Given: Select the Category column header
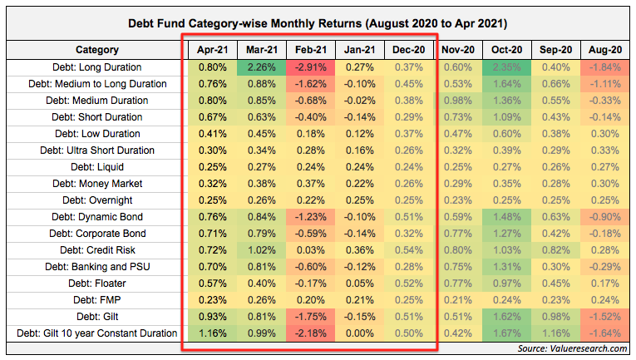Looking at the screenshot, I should [x=96, y=50].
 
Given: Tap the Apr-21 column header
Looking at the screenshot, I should [x=213, y=50].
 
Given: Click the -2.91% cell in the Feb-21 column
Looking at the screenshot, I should [x=310, y=67].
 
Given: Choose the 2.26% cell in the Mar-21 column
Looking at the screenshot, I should [x=262, y=67].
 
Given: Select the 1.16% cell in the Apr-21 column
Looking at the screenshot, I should [x=213, y=333].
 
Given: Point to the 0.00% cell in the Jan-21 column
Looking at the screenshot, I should [x=359, y=333].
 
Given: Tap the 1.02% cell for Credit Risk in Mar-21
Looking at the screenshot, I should [x=262, y=250].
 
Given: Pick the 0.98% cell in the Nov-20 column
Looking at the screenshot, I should [x=456, y=101].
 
